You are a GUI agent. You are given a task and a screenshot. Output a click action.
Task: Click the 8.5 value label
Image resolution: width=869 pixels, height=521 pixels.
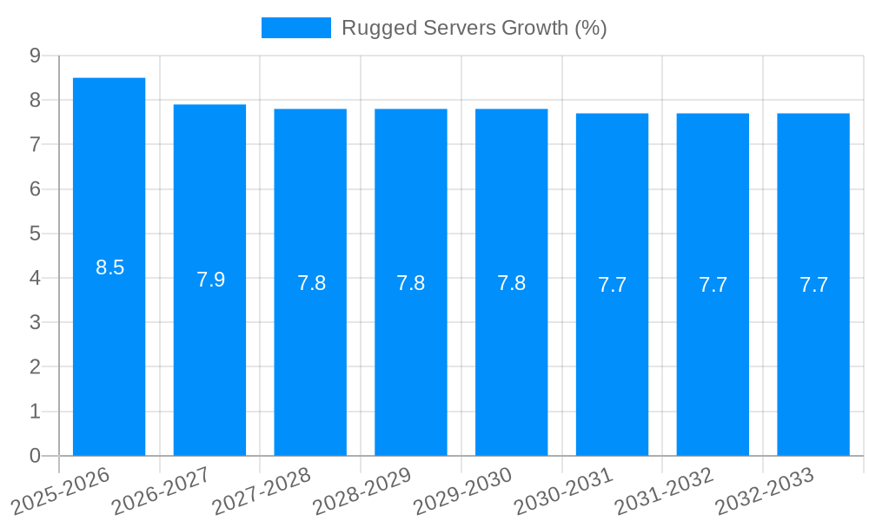click(110, 268)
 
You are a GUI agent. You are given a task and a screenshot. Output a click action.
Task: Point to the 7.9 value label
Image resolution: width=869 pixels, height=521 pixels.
click(210, 280)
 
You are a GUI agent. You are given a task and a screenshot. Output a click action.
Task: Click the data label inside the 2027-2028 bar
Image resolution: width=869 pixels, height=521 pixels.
click(311, 283)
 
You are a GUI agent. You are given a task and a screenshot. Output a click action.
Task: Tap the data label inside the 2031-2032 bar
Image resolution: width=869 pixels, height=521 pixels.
click(713, 285)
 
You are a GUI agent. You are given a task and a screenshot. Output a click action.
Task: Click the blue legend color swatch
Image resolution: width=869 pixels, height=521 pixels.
click(295, 28)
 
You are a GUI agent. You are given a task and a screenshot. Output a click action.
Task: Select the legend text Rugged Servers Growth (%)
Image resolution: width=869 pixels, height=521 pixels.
click(474, 28)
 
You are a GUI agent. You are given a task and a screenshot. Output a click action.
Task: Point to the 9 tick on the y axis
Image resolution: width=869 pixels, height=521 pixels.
click(36, 56)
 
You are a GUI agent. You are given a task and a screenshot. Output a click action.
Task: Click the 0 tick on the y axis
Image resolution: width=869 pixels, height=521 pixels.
click(36, 456)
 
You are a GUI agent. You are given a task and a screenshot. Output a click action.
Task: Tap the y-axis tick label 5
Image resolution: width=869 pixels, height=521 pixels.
click(36, 234)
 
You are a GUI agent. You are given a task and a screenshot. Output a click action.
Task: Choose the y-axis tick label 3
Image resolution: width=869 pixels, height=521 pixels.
click(36, 323)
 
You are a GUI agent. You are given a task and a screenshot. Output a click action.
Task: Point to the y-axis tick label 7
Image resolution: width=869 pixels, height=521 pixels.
click(36, 144)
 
